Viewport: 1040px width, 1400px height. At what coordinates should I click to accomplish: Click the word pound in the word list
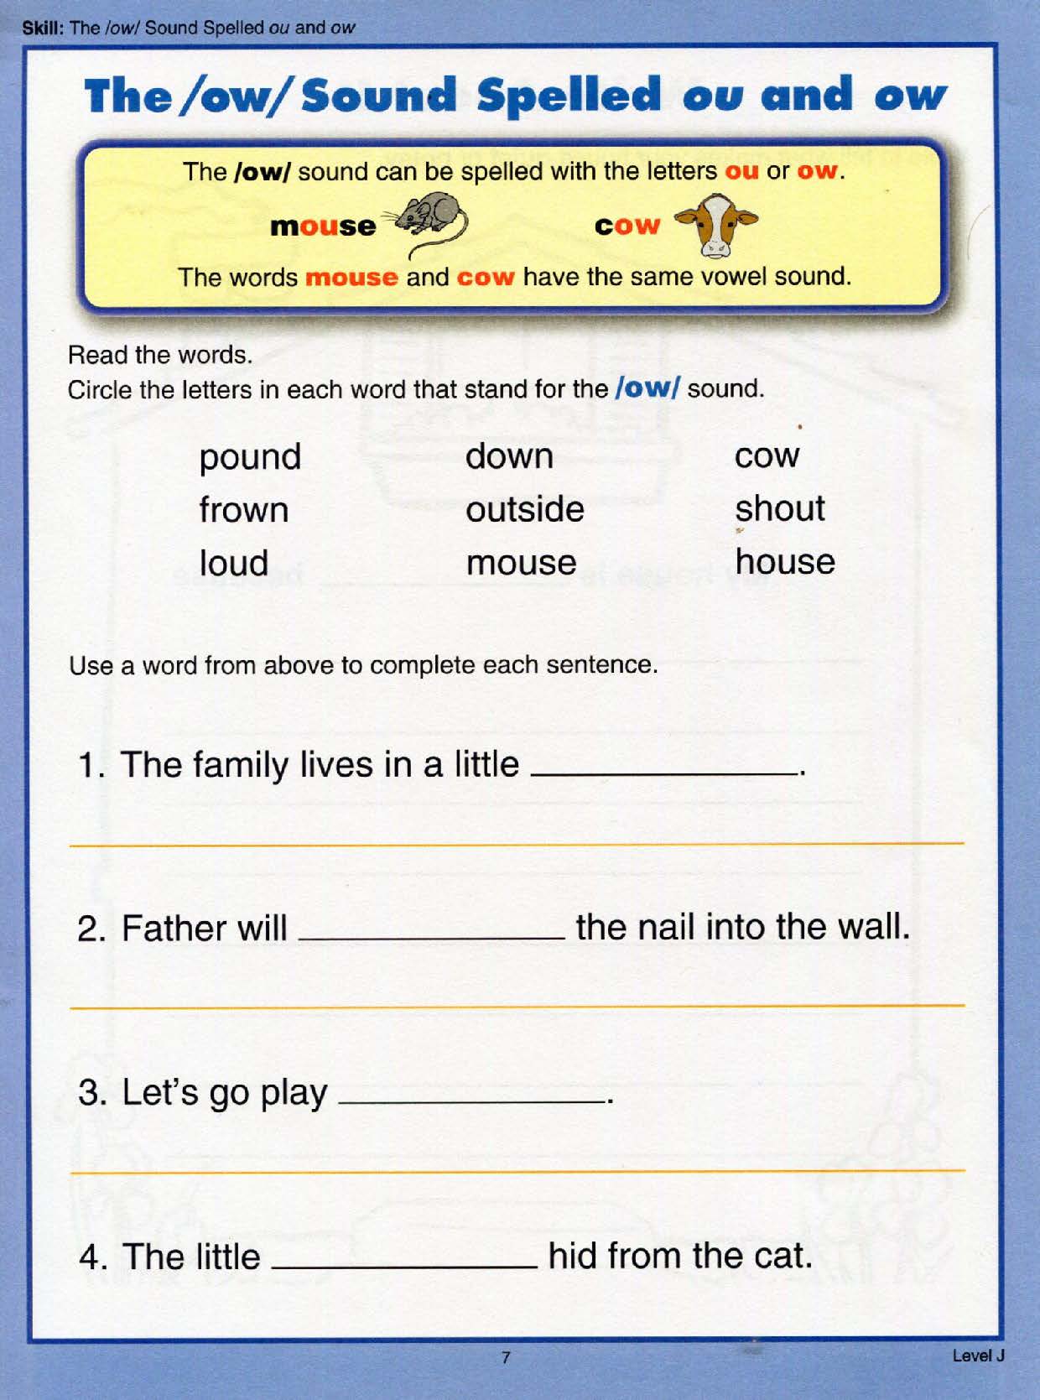coord(250,458)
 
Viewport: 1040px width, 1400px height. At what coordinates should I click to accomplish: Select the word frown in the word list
coord(243,510)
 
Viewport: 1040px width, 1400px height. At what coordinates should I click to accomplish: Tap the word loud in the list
coord(233,563)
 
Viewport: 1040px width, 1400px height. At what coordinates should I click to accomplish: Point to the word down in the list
coord(509,456)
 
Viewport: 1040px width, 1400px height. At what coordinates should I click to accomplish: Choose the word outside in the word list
coord(524,509)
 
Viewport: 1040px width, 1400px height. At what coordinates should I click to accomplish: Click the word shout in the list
coord(779,509)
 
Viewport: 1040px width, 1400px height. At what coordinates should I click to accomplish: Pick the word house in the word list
coord(784,562)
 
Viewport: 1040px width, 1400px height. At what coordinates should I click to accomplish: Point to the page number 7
coord(505,1356)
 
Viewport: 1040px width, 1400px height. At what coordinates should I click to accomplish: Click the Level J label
coord(978,1355)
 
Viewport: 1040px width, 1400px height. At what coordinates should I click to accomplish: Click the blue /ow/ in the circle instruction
coord(647,388)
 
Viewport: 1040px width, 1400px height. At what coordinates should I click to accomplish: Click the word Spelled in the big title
coord(569,96)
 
